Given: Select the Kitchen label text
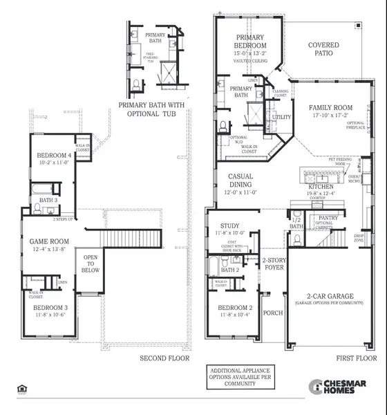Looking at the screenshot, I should point(321,187).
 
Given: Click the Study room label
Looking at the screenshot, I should point(229,226).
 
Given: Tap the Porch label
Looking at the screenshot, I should point(273,312).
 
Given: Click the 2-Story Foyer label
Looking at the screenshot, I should point(274,264).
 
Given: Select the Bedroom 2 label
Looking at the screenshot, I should point(236,308).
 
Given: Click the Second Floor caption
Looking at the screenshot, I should point(164,358).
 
